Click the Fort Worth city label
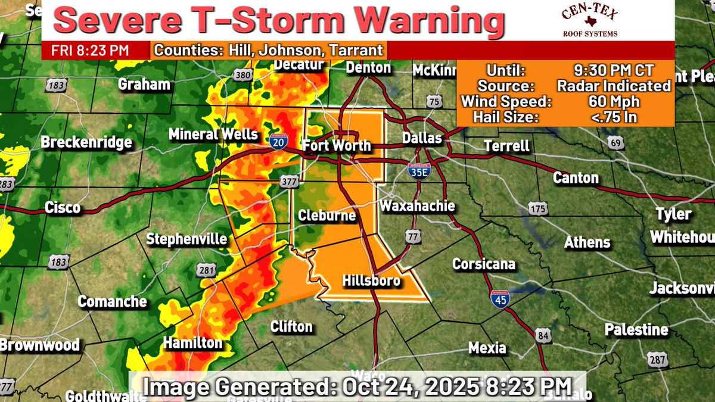(x=337, y=145)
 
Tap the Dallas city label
(x=421, y=138)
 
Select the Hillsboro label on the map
(x=371, y=281)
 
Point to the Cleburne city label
(x=327, y=216)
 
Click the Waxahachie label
(x=418, y=206)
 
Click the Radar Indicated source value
(x=614, y=86)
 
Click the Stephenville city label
(x=187, y=239)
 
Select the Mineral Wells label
(x=213, y=134)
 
